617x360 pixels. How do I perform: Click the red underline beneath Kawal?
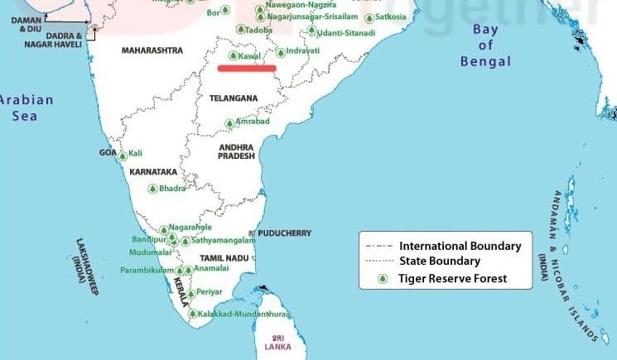pos(247,68)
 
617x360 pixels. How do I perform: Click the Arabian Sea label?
pos(25,108)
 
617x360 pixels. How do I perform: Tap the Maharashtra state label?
pos(152,50)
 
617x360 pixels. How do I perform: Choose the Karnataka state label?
pos(153,172)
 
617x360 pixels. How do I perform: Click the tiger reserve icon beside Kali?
pos(123,156)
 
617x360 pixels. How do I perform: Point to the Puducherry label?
pos(284,233)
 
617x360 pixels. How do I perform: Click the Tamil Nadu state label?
pos(224,259)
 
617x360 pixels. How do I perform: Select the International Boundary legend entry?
pos(460,246)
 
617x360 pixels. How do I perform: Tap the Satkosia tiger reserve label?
pos(390,17)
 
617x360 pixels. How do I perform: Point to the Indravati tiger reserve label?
pos(302,51)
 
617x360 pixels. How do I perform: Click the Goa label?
pos(108,153)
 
